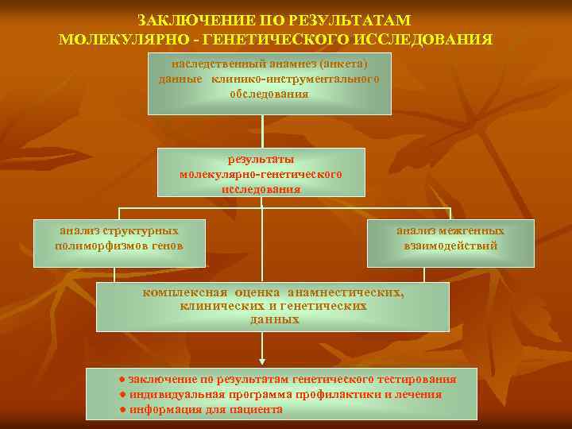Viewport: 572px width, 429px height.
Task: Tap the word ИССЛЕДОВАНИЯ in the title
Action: tap(426, 38)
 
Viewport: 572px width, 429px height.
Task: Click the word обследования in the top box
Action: tap(269, 94)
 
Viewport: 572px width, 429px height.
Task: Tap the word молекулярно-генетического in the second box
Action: tap(261, 173)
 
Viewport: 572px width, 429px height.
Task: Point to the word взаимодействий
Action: tap(450, 245)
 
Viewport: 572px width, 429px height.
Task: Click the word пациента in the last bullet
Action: tap(255, 409)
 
